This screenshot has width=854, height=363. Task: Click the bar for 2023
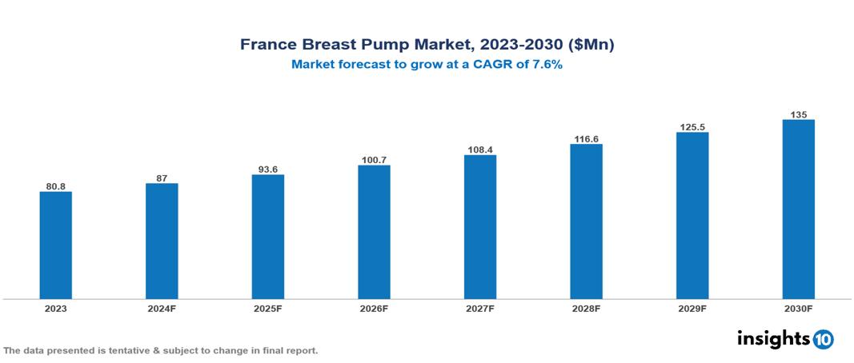tap(56, 245)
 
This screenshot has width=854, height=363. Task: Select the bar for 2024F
tap(162, 241)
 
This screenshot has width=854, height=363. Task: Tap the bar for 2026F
tap(374, 232)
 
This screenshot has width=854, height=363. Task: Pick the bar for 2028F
tap(586, 221)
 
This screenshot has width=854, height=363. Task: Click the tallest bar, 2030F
tap(798, 209)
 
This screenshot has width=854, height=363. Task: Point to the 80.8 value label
tap(56, 186)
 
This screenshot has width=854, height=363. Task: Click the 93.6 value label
tap(268, 170)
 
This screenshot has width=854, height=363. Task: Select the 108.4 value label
tap(480, 150)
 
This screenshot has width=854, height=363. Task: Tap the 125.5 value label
tap(692, 127)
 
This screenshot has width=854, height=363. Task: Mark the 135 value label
tap(798, 114)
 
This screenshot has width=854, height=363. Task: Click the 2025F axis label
tap(268, 308)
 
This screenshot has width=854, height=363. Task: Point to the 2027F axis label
tap(480, 308)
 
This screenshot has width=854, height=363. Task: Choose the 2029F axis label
tap(692, 308)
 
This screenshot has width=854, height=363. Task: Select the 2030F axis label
tap(798, 308)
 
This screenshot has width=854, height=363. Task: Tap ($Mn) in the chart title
tap(587, 45)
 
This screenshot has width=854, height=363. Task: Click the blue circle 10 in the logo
tap(823, 339)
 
